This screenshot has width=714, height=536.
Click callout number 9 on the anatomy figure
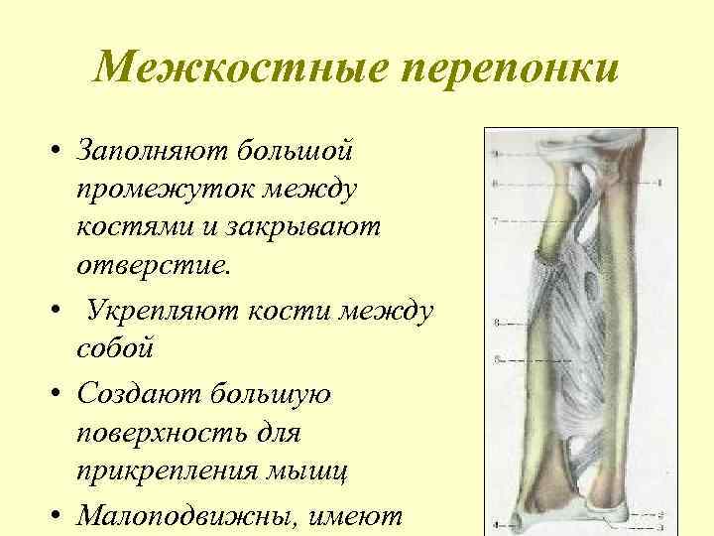tap(495, 155)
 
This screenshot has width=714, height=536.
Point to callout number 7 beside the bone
tap(495, 217)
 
